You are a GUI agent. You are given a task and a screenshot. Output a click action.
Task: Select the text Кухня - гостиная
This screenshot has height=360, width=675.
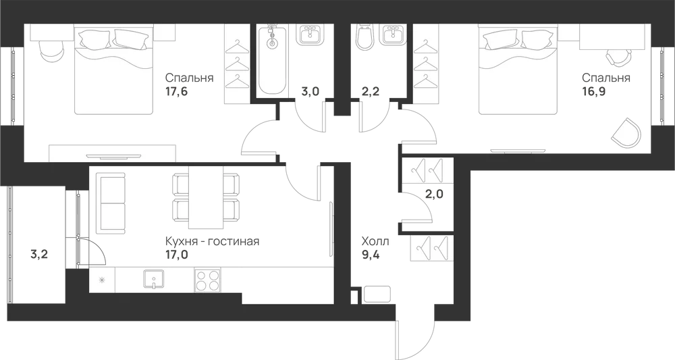(212, 241)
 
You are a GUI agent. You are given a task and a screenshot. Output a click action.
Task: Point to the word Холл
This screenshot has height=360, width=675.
(375, 241)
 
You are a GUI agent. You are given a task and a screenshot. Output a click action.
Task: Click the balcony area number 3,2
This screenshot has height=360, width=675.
(39, 255)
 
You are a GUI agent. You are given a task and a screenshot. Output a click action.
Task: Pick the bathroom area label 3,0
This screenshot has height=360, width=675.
(310, 91)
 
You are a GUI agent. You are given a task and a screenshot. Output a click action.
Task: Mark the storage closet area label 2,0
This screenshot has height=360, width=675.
(434, 194)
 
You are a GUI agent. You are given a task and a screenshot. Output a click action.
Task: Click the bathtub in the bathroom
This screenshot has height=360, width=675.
(271, 60)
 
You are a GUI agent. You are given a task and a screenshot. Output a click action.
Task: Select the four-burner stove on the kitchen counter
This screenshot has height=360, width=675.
(207, 280)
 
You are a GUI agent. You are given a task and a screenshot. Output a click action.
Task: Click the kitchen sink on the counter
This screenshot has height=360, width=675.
(154, 280)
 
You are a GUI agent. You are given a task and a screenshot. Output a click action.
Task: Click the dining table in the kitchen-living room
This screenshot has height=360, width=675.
(206, 197)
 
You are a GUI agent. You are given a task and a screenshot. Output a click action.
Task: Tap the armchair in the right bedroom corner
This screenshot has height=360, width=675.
(626, 133)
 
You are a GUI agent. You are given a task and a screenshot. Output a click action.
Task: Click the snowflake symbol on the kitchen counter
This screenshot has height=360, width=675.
(102, 280)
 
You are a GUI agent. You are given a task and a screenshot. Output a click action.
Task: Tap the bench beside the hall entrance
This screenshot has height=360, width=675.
(377, 294)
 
